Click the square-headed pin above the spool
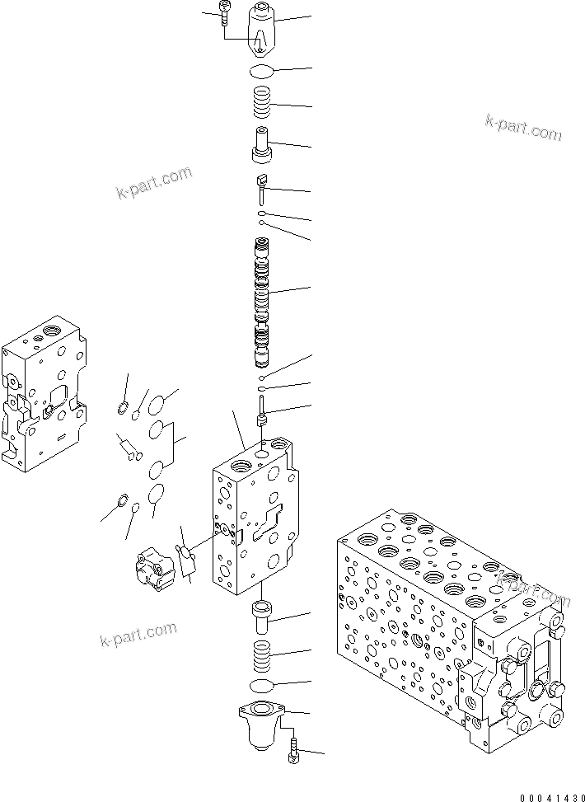click(262, 189)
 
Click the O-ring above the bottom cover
click(262, 687)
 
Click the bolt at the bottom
click(295, 752)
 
